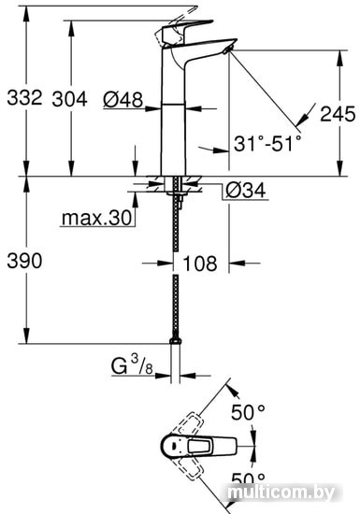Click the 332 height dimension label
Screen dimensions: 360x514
(24, 97)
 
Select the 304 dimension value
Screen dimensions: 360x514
(69, 99)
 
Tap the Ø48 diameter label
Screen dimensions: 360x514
(122, 99)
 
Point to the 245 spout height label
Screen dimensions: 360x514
(338, 114)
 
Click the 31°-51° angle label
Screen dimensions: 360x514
(267, 143)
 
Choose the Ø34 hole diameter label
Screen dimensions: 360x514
(246, 190)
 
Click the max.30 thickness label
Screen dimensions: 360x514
(96, 218)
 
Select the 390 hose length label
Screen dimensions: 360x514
(24, 261)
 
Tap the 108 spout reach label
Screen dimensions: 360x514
(200, 264)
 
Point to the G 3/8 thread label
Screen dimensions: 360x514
(132, 365)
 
